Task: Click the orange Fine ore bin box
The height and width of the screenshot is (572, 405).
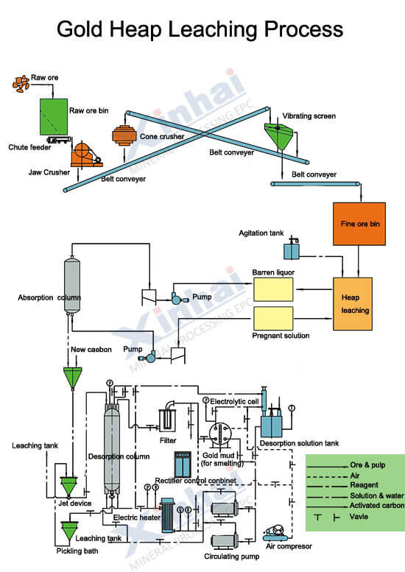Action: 358,224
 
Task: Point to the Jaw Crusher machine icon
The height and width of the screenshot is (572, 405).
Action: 86,152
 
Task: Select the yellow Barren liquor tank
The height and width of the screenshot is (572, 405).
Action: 279,289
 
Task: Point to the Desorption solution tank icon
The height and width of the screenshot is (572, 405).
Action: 276,425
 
